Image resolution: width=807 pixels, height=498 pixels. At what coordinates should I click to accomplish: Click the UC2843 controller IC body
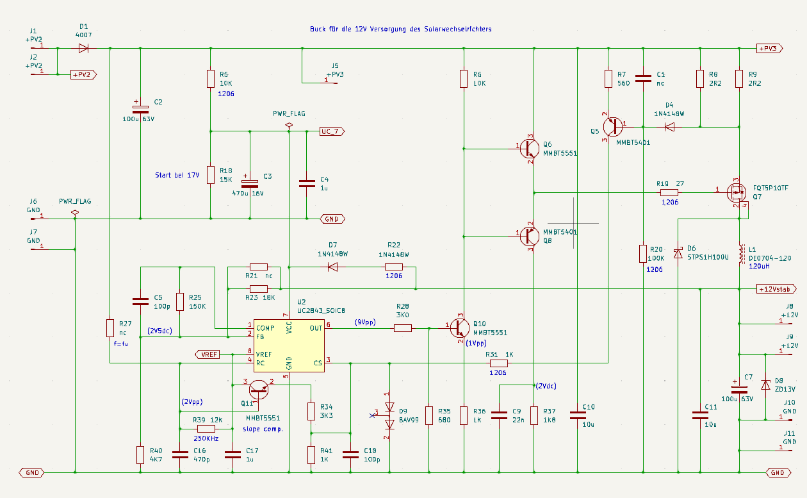click(289, 345)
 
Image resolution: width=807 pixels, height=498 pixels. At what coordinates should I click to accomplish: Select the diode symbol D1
click(83, 48)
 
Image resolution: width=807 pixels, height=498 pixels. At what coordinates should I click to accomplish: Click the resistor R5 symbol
click(211, 79)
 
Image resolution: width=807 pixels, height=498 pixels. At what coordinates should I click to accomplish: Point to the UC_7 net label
click(332, 131)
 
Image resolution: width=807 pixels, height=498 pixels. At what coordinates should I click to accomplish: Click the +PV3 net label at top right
click(769, 48)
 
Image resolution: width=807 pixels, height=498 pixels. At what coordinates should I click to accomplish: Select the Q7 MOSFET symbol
click(737, 193)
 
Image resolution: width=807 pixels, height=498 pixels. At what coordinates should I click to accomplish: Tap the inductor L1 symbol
click(742, 254)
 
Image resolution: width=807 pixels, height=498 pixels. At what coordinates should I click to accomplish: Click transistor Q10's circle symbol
click(460, 328)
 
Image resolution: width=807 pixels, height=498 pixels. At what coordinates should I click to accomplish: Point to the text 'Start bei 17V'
click(177, 175)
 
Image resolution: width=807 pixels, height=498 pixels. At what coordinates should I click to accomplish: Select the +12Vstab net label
click(775, 289)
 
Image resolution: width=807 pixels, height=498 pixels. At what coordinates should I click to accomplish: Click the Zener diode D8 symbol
click(765, 385)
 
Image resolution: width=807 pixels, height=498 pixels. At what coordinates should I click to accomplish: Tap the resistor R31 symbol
click(499, 363)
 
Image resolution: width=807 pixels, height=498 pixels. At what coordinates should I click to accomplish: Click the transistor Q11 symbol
click(259, 390)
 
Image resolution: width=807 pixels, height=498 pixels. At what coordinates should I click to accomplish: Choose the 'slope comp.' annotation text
click(263, 429)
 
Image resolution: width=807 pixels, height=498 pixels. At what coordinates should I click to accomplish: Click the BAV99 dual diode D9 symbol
click(389, 416)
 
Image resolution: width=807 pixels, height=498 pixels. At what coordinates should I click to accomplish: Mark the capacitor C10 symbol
click(578, 415)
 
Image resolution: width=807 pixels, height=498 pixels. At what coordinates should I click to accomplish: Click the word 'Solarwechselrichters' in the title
click(457, 29)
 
